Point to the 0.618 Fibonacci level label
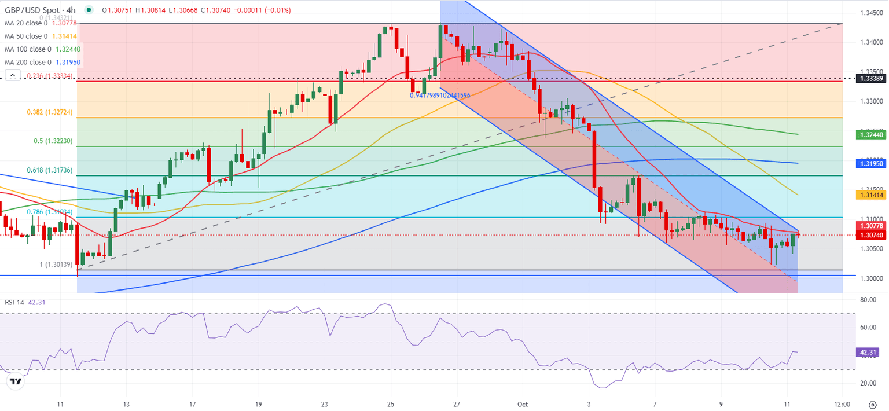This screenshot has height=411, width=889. coord(50,170)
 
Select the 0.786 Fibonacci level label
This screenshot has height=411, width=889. coord(50,212)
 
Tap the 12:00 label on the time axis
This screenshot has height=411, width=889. coord(842,403)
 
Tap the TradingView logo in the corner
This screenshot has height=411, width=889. coord(16,381)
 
